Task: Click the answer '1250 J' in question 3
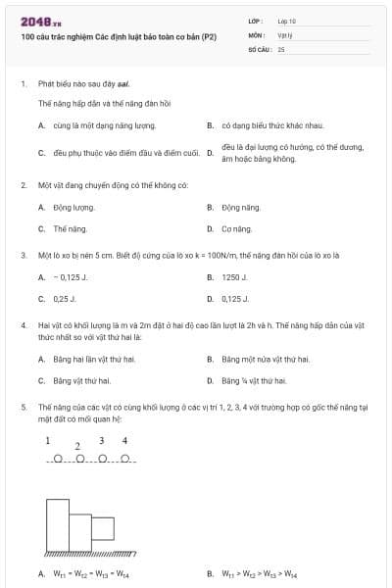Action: [235, 277]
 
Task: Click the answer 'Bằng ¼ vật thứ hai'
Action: [254, 380]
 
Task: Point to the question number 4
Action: [23, 323]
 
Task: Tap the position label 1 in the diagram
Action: [47, 441]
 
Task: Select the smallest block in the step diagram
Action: [103, 534]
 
